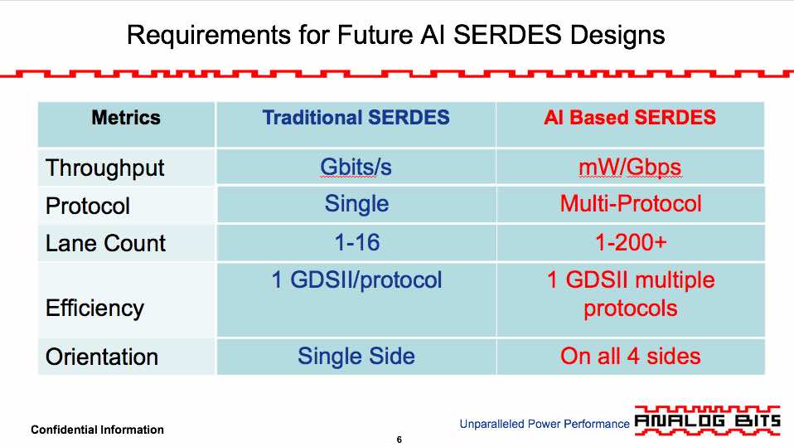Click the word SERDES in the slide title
pyautogui.click(x=507, y=35)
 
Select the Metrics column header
pyautogui.click(x=126, y=118)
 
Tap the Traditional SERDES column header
pyautogui.click(x=356, y=118)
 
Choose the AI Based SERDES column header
pyautogui.click(x=630, y=118)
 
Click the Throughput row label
pyautogui.click(x=104, y=168)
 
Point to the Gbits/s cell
pyautogui.click(x=356, y=168)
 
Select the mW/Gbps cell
pyautogui.click(x=631, y=168)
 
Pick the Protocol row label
pyautogui.click(x=88, y=206)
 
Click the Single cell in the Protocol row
pyautogui.click(x=357, y=204)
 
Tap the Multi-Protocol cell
pyautogui.click(x=631, y=204)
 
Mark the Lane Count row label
pyautogui.click(x=105, y=243)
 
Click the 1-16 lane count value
pyautogui.click(x=357, y=242)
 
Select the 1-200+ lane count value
pyautogui.click(x=631, y=242)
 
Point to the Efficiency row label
pyautogui.click(x=94, y=309)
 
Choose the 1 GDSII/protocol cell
pyautogui.click(x=356, y=280)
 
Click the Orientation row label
pyautogui.click(x=102, y=357)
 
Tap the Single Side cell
pyautogui.click(x=356, y=356)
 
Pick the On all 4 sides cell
pyautogui.click(x=631, y=356)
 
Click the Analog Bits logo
pyautogui.click(x=708, y=420)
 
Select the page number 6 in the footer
pyautogui.click(x=399, y=440)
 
